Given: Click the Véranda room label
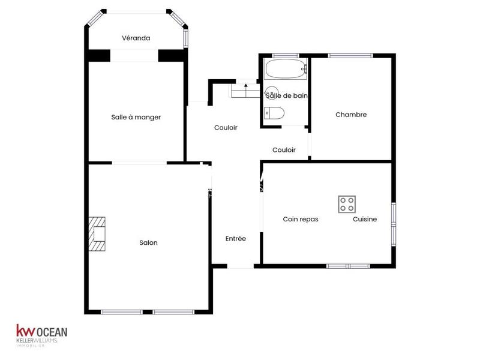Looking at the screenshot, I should pyautogui.click(x=136, y=38).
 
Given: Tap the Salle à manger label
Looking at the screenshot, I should pyautogui.click(x=136, y=117).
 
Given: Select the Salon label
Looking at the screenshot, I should pyautogui.click(x=148, y=242).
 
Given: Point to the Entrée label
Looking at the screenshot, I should pyautogui.click(x=236, y=238).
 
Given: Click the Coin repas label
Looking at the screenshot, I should pyautogui.click(x=300, y=219).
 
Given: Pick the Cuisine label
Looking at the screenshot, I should pyautogui.click(x=365, y=219).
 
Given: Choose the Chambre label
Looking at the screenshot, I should pyautogui.click(x=351, y=115).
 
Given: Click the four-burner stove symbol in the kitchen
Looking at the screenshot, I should pyautogui.click(x=347, y=203).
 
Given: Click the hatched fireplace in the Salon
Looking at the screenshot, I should pyautogui.click(x=97, y=234).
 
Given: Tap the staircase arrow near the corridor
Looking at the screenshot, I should pyautogui.click(x=246, y=88).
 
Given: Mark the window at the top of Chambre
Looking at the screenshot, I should pyautogui.click(x=351, y=56).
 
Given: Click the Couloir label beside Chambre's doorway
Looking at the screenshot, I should pyautogui.click(x=284, y=150).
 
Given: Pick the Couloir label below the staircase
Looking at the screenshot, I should pyautogui.click(x=226, y=128).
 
